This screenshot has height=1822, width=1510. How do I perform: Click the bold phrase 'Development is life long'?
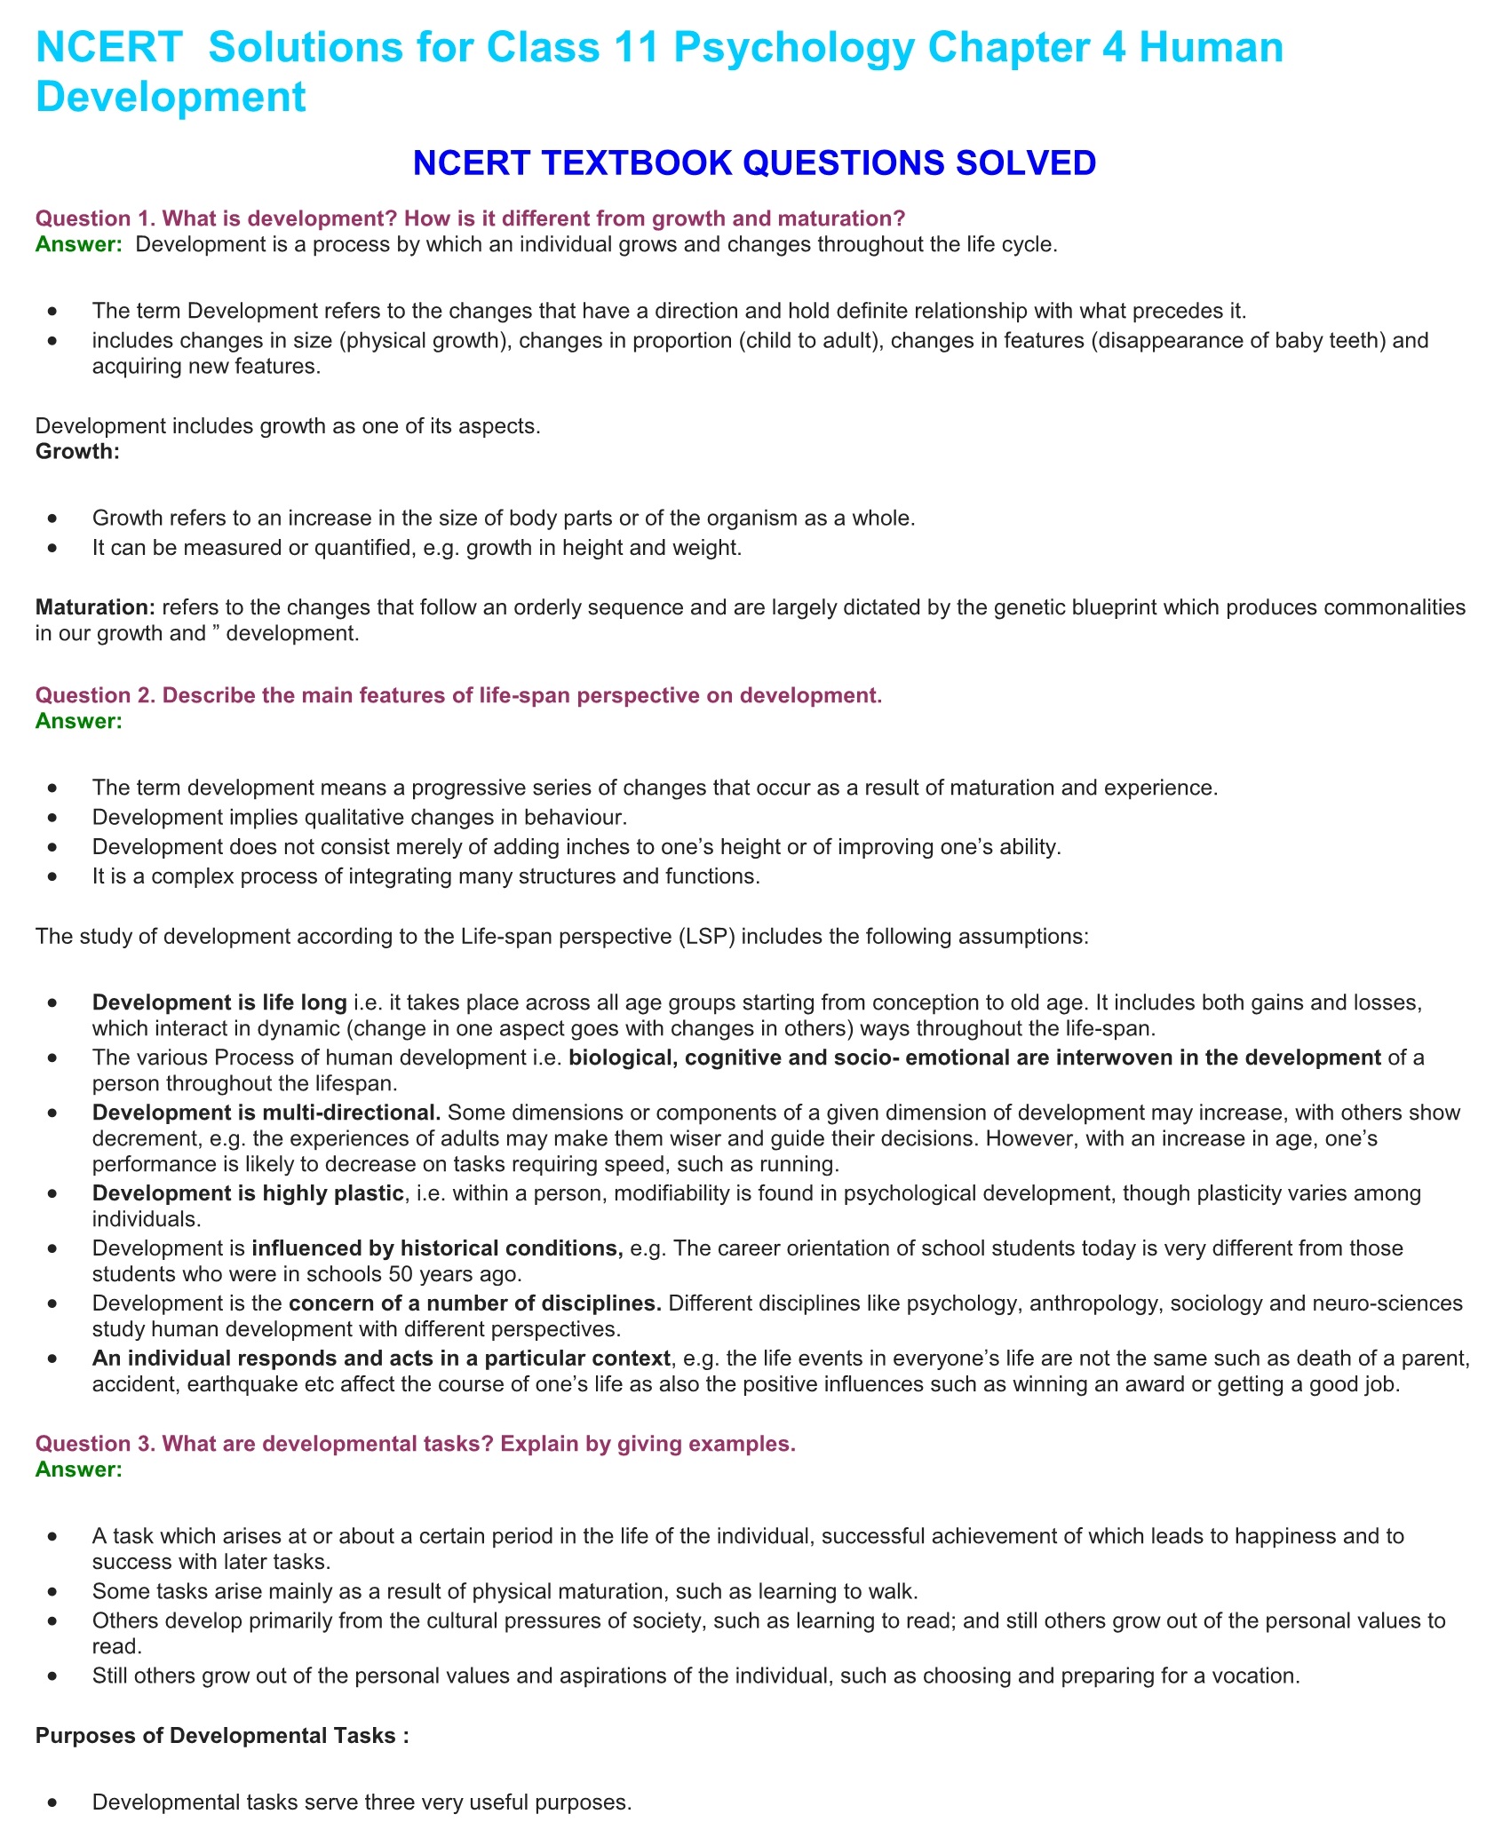click(219, 1002)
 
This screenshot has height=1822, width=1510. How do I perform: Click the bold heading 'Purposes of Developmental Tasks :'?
click(222, 1736)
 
